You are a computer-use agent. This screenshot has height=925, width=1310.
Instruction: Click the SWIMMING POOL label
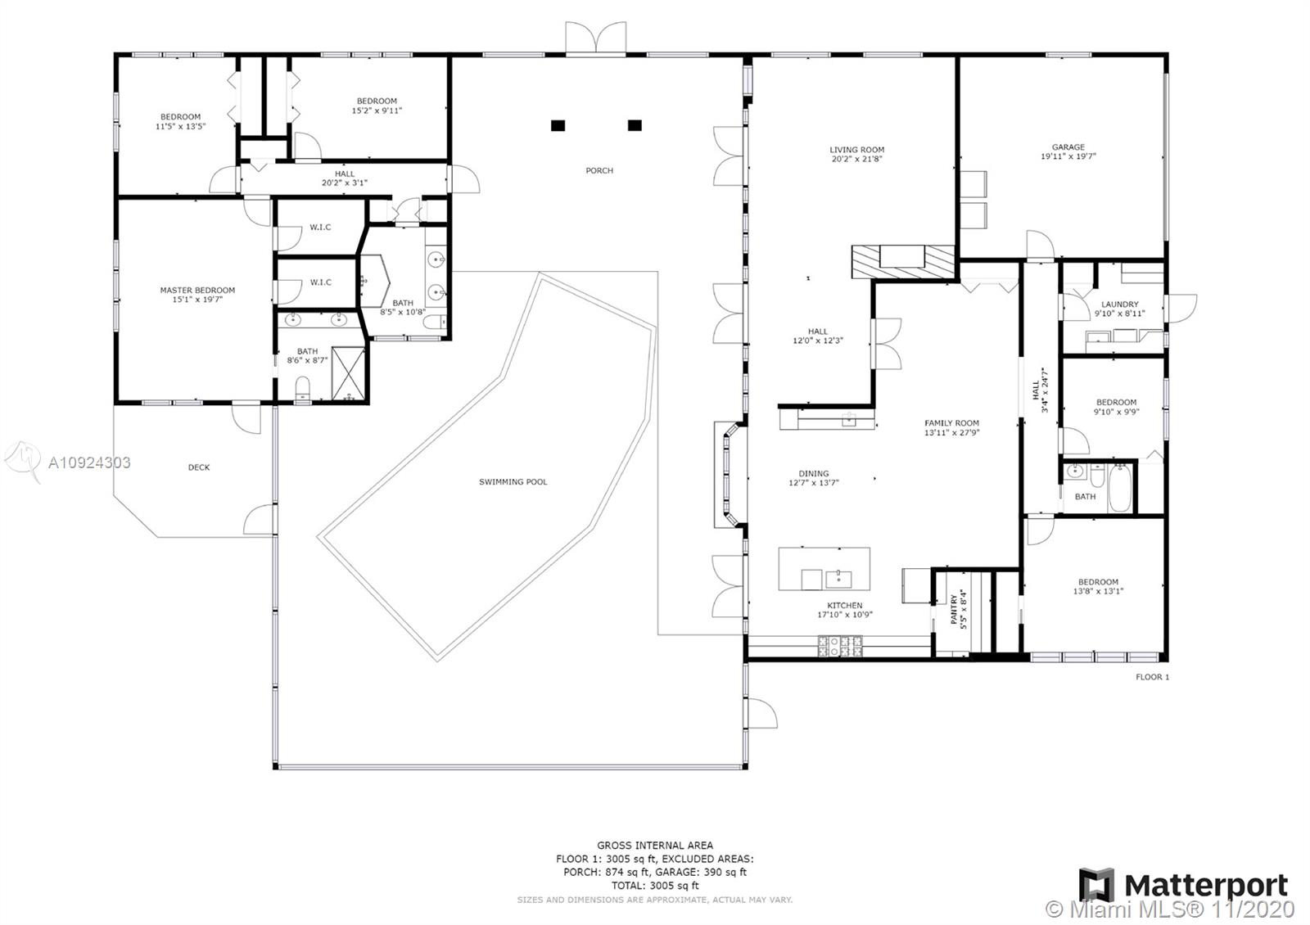click(x=513, y=482)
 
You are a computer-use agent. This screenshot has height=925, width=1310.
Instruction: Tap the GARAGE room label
click(x=1068, y=147)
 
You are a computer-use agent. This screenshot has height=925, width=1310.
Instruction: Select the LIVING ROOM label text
click(x=856, y=150)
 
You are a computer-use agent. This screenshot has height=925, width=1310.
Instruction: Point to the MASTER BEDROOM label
click(x=197, y=290)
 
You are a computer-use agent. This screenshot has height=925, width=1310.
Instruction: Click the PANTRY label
click(x=955, y=609)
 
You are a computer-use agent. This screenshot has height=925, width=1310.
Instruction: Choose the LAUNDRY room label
click(x=1120, y=304)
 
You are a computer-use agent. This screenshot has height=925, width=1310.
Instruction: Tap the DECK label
click(x=199, y=467)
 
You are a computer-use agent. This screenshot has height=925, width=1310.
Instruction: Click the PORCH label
click(x=599, y=171)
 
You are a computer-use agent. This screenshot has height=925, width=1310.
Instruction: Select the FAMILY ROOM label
click(x=951, y=422)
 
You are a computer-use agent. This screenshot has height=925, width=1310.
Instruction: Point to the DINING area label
click(x=814, y=474)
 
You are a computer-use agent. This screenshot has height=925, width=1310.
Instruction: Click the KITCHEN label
click(x=844, y=605)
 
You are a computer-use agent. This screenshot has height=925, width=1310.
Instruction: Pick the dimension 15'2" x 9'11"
click(x=377, y=111)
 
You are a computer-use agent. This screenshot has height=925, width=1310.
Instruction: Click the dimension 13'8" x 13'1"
click(x=1098, y=591)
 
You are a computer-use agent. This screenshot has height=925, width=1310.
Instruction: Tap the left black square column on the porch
click(x=558, y=125)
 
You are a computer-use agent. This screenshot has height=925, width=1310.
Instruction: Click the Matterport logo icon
click(x=1096, y=885)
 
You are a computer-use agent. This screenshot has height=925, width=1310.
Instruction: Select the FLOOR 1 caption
click(x=1152, y=677)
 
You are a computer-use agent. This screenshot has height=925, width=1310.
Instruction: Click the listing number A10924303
click(x=89, y=463)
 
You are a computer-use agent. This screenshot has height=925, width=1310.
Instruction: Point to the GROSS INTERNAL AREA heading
click(x=655, y=845)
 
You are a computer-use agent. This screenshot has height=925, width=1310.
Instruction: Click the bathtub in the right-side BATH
click(x=1120, y=488)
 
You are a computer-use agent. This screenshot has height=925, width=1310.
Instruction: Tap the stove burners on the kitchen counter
click(x=840, y=646)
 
